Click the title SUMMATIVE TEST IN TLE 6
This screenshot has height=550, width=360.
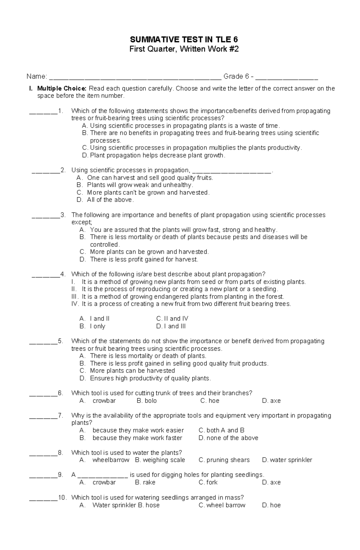click(184, 40)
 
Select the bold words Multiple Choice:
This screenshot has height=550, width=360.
click(62, 88)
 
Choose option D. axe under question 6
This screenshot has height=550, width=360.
click(271, 401)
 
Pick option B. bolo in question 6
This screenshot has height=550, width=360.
click(147, 401)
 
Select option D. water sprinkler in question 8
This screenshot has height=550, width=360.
click(287, 460)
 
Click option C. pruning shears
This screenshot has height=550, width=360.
click(224, 460)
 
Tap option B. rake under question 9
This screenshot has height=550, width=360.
click(145, 482)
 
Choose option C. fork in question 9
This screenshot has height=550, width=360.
click(208, 482)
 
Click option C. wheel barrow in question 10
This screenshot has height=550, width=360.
click(222, 505)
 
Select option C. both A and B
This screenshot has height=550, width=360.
click(221, 430)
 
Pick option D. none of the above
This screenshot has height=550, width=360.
click(228, 438)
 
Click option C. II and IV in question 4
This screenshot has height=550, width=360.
click(172, 319)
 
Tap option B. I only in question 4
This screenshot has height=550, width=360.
click(93, 326)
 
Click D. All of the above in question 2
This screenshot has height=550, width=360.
click(105, 200)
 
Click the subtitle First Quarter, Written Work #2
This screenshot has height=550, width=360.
click(184, 49)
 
